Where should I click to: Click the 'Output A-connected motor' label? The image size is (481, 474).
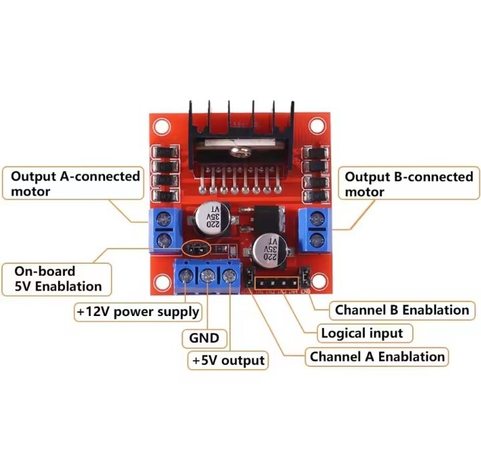[75, 184]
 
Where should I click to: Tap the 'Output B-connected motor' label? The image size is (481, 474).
[408, 184]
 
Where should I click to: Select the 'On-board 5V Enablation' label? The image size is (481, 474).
[58, 279]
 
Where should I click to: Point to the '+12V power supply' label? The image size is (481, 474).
[138, 311]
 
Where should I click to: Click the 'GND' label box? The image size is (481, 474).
[204, 337]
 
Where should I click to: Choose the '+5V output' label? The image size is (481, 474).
[227, 360]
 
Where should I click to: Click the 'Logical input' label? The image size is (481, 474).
[362, 333]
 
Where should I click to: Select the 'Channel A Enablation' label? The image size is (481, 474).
[377, 356]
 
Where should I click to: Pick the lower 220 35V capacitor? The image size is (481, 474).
[270, 250]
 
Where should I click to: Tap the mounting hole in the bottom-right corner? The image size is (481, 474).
[320, 281]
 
